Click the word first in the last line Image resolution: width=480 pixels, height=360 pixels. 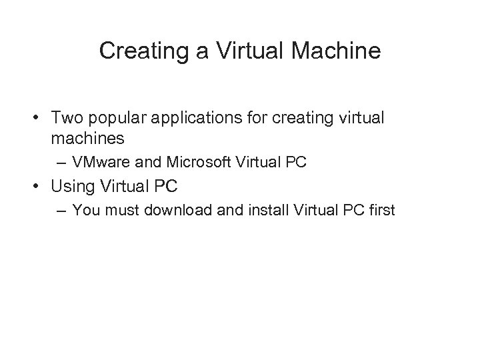click(x=380, y=211)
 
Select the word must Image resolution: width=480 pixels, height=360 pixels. click(x=121, y=211)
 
